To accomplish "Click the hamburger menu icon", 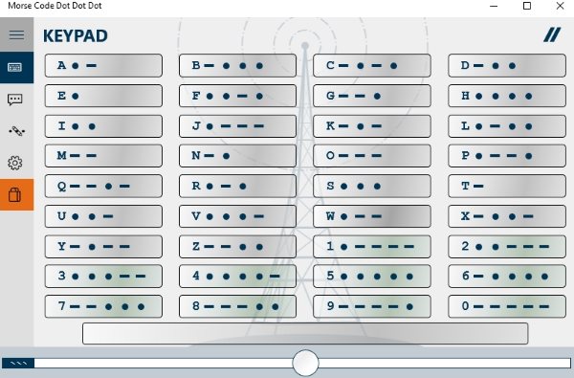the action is coord(16,34).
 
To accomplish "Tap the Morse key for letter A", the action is coord(103,66).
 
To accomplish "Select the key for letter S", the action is coord(372,186).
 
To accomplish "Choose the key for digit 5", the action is coord(372,276).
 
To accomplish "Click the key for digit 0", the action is coord(507,306).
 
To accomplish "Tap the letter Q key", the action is coord(103,186).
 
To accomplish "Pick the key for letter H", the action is coord(507,96).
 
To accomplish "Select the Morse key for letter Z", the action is coord(237,246).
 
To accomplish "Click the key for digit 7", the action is coord(103,306).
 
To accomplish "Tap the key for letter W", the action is coord(372,216).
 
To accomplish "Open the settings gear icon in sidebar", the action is coord(15,163).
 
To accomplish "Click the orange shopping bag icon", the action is coord(15,195).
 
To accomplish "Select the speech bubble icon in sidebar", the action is coord(15,100).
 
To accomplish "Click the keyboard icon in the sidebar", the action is coord(15,67).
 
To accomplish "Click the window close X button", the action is coord(560,6).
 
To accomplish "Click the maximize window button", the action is coord(527,6).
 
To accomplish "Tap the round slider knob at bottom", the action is coord(306,363).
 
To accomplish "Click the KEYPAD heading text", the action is coord(76,36).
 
